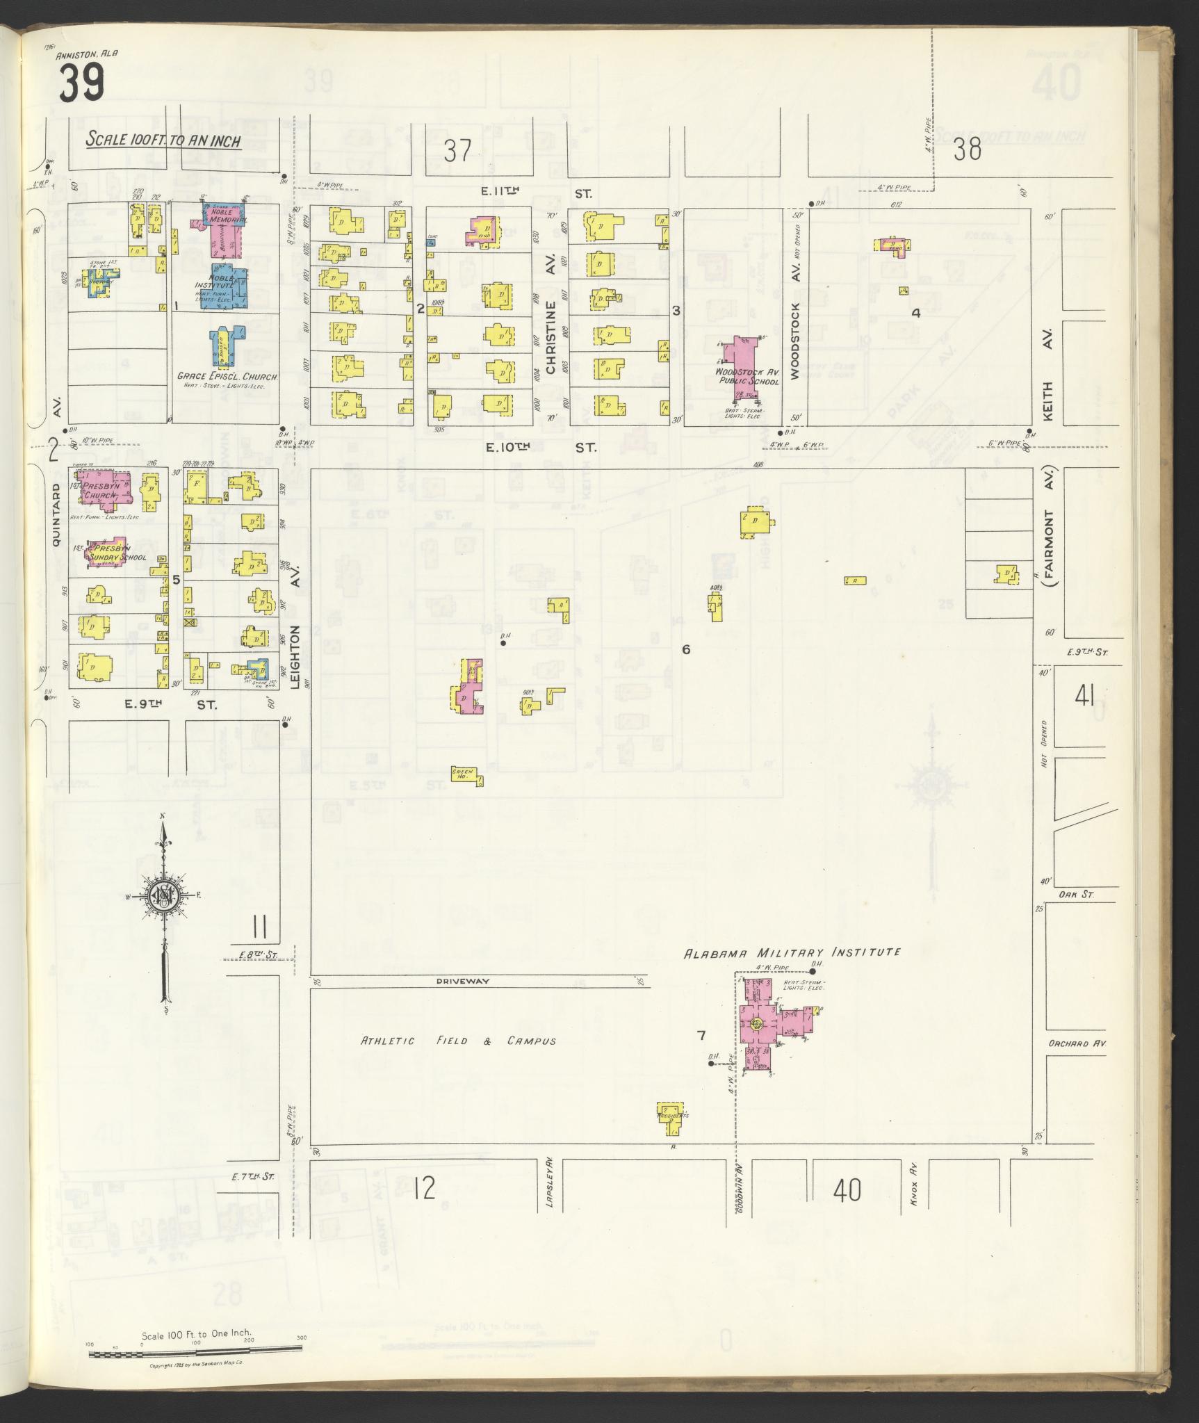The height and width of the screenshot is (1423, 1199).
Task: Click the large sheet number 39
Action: [81, 83]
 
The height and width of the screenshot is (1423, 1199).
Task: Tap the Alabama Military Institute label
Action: [792, 952]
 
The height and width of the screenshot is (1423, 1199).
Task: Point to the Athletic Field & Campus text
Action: [458, 1041]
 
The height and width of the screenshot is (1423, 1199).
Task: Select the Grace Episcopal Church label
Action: [227, 377]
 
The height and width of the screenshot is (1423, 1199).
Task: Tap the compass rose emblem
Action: [163, 897]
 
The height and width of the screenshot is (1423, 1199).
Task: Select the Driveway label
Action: [464, 981]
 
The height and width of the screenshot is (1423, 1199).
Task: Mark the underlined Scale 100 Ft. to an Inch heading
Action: [163, 140]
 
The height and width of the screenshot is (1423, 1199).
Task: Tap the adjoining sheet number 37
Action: [458, 151]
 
